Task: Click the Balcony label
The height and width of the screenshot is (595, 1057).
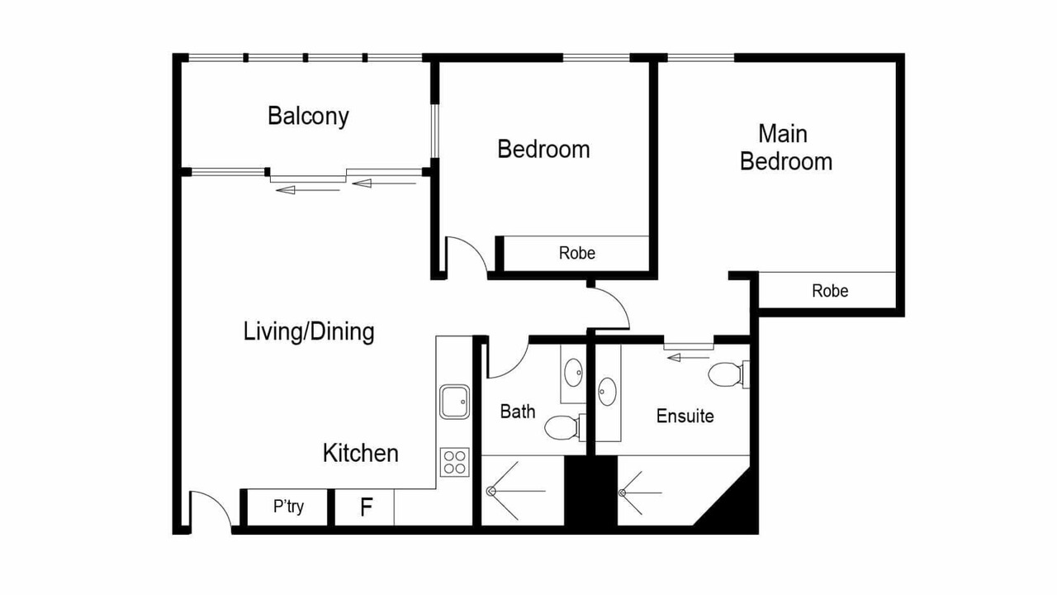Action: pyautogui.click(x=308, y=117)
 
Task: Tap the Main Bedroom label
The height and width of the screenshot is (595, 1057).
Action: pyautogui.click(x=785, y=148)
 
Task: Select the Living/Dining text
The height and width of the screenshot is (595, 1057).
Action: pyautogui.click(x=309, y=331)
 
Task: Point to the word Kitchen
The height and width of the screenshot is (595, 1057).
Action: pyautogui.click(x=361, y=454)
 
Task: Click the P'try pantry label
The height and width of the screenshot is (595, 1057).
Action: pyautogui.click(x=288, y=507)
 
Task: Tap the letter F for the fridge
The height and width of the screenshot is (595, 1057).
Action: pyautogui.click(x=366, y=507)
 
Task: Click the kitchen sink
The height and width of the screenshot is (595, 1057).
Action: pyautogui.click(x=454, y=402)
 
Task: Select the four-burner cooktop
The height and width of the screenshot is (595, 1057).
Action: pyautogui.click(x=455, y=462)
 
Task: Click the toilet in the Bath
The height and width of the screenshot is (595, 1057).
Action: pyautogui.click(x=565, y=428)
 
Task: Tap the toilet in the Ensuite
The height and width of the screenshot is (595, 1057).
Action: pyautogui.click(x=728, y=374)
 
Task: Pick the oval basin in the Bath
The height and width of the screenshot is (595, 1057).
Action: pyautogui.click(x=573, y=373)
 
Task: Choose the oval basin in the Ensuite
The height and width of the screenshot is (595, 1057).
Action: pyautogui.click(x=607, y=392)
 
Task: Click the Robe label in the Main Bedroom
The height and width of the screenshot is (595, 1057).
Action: pyautogui.click(x=830, y=291)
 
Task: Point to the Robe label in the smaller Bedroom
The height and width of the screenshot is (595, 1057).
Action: pyautogui.click(x=577, y=253)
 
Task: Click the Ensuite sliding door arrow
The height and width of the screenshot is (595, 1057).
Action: pyautogui.click(x=689, y=358)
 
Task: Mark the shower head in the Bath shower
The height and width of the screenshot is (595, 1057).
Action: pyautogui.click(x=491, y=491)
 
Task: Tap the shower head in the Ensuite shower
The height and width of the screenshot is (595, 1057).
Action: pyautogui.click(x=622, y=493)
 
